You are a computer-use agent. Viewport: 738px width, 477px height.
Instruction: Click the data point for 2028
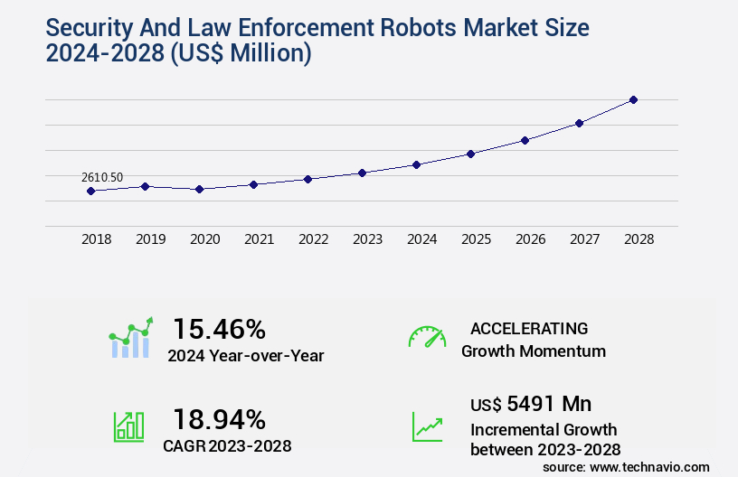(x=633, y=99)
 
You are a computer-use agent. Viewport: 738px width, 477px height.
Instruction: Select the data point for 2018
(x=90, y=191)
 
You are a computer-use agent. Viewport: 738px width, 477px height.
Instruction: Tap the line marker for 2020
(x=199, y=189)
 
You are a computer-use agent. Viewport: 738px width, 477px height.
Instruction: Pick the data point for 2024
(x=416, y=164)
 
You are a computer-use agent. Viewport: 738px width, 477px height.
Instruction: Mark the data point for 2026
(x=525, y=140)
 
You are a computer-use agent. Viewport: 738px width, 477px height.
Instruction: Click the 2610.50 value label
(x=102, y=177)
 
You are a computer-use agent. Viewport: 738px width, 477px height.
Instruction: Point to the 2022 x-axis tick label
(x=313, y=239)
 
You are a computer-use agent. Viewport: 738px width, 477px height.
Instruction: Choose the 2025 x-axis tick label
(x=476, y=239)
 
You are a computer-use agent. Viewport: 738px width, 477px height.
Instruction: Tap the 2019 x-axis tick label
(x=150, y=239)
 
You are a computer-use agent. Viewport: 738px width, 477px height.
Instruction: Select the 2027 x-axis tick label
(x=584, y=239)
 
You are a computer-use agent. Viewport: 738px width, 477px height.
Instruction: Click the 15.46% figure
(x=220, y=328)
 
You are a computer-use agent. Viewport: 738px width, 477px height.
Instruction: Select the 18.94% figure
(x=220, y=419)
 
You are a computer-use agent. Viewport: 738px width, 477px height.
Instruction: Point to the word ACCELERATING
(x=529, y=328)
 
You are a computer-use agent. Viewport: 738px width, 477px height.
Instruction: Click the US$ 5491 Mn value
(x=531, y=403)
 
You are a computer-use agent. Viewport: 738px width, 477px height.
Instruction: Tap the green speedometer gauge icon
(x=427, y=337)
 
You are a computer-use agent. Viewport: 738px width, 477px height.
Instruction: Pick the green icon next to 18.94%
(x=128, y=426)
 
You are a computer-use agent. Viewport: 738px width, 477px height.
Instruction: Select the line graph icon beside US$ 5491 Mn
(x=427, y=426)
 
